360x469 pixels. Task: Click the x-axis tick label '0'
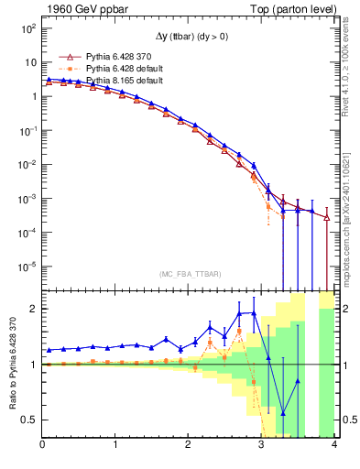[42, 446]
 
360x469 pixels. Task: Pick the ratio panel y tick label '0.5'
[29, 420]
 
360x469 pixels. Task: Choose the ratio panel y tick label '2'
[33, 309]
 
